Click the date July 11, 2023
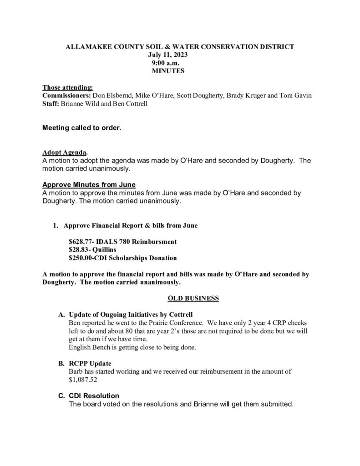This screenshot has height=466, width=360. (167, 55)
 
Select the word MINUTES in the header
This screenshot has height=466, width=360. (167, 71)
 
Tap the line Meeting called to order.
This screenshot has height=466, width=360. (81, 128)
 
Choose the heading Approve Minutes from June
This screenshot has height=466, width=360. (89, 185)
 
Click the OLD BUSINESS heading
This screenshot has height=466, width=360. (193, 299)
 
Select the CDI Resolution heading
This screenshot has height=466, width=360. (94, 396)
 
